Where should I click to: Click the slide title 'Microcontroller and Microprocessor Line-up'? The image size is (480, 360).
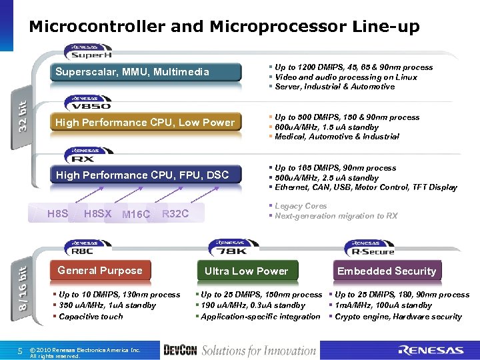click(224, 27)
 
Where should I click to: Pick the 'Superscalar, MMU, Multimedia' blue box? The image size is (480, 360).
click(147, 72)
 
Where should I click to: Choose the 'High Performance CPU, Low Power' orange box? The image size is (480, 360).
click(146, 123)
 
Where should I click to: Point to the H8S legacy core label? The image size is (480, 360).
click(58, 214)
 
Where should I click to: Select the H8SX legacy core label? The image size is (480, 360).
click(98, 214)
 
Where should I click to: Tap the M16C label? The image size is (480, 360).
click(137, 215)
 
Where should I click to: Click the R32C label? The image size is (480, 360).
click(175, 214)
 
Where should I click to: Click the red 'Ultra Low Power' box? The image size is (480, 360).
click(246, 271)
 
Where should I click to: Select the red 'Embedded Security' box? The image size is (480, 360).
click(387, 271)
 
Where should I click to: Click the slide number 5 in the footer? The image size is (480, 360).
click(20, 351)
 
